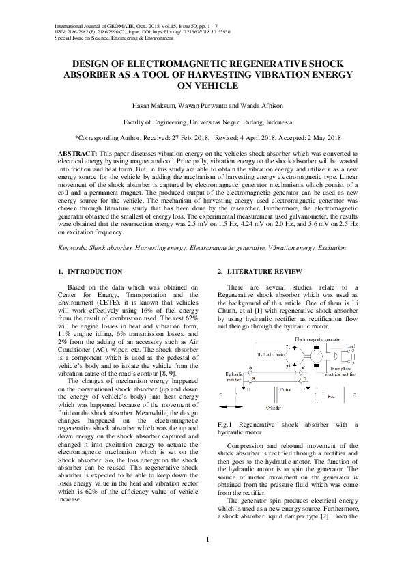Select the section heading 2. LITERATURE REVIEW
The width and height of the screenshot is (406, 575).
pyautogui.click(x=259, y=272)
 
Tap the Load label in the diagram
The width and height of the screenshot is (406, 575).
pyautogui.click(x=349, y=346)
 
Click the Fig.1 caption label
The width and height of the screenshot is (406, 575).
pyautogui.click(x=224, y=425)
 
